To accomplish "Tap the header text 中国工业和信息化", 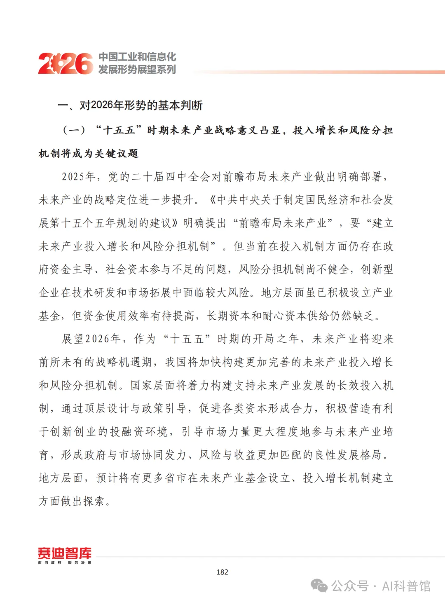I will click(x=137, y=56).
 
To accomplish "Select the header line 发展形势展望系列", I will click(x=137, y=69).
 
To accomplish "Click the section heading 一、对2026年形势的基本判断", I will click(x=130, y=105).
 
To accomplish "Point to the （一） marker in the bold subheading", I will click(x=74, y=131).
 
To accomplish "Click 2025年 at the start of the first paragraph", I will click(x=79, y=177).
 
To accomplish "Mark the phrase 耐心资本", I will click(x=284, y=316).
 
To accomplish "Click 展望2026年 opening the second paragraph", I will click(x=91, y=339).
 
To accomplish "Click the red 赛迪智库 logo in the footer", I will click(x=65, y=555).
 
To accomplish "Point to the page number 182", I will click(x=222, y=572).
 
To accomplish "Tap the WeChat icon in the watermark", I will click(x=319, y=585).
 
